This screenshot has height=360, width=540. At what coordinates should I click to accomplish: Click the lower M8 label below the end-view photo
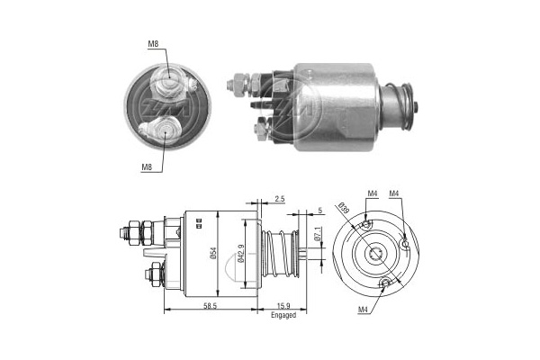146,166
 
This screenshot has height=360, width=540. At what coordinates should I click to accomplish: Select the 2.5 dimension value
280,198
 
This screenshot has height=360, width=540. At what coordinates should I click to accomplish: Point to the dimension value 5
320,211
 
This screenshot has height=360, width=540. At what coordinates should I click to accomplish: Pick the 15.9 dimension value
283,307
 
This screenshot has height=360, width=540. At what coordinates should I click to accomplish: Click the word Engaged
283,316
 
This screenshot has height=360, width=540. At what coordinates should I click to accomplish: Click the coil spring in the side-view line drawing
285,251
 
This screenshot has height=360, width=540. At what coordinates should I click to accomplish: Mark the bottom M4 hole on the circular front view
386,284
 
